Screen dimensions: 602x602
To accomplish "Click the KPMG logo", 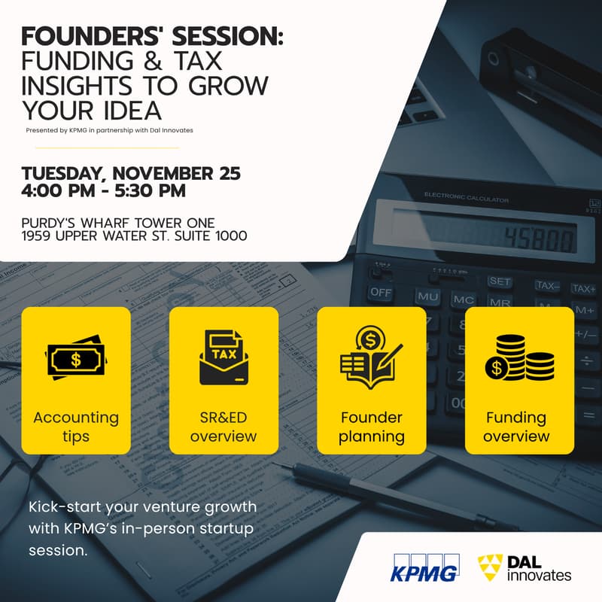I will [423, 567].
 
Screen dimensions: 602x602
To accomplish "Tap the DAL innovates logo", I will [524, 567].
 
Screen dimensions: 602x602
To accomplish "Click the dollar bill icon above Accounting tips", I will [76, 358].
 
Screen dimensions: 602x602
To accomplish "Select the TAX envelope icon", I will [223, 357].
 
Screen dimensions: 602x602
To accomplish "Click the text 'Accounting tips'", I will [76, 426].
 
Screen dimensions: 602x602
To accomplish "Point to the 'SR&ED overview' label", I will [223, 426].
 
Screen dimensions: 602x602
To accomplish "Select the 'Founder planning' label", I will [371, 426].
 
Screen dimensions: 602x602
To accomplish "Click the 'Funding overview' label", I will [518, 426].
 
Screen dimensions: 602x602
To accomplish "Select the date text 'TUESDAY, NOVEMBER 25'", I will [131, 173].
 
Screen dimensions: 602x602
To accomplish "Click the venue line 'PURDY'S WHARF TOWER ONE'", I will [119, 223].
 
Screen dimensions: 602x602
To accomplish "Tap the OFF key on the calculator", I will [381, 292].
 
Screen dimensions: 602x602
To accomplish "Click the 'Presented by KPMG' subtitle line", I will [109, 130].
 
